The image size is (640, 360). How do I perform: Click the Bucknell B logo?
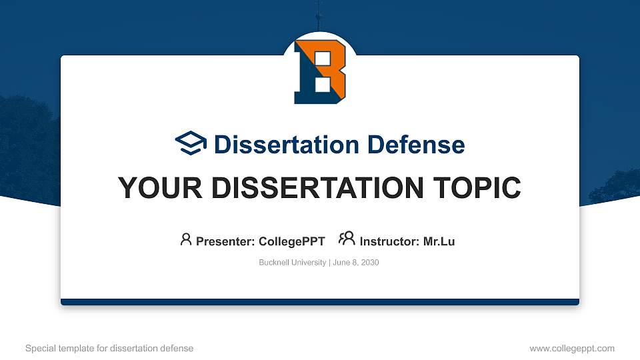coord(320,71)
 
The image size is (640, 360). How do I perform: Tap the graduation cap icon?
coord(191,144)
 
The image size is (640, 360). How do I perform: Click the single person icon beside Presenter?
coord(186,239)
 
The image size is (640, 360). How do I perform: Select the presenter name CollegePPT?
coord(291,241)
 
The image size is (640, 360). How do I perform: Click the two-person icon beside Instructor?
coord(347,239)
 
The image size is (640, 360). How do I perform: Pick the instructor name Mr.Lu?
coord(439,241)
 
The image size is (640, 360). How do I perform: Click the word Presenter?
coord(225,241)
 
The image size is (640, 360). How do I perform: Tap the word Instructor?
coord(389,241)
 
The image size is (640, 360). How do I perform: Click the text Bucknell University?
coord(291,263)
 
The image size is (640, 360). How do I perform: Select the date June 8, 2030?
coord(355,263)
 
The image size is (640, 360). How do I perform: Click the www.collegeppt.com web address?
coord(571,348)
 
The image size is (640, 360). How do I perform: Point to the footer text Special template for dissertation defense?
coord(109,348)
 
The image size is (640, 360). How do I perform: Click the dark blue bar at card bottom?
coord(320,302)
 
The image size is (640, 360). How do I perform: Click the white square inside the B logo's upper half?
coord(321,59)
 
